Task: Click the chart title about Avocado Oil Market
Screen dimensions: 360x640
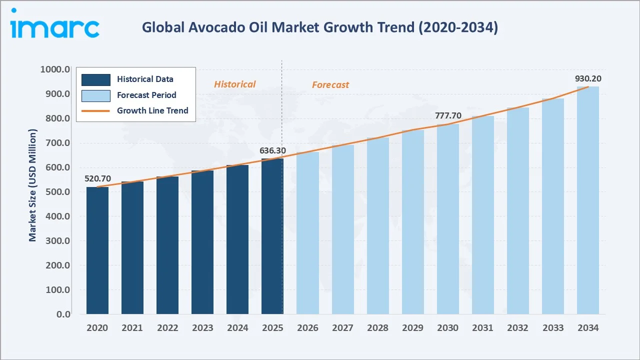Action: [x=320, y=28]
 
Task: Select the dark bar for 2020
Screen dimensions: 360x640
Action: [x=97, y=250]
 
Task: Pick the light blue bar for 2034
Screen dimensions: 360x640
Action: [x=587, y=200]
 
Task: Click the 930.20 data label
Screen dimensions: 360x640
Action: [x=588, y=78]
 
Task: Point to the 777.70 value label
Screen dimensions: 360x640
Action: [x=448, y=116]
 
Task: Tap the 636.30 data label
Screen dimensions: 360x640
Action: [x=272, y=150]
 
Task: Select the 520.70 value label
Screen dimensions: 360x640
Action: [x=98, y=178]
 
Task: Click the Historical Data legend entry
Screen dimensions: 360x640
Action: [x=145, y=79]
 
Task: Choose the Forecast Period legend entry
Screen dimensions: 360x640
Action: [x=146, y=95]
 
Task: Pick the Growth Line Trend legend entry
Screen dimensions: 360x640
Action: [x=152, y=110]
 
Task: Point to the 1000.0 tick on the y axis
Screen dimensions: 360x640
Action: [x=55, y=69]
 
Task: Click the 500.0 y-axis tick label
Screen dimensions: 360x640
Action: [x=57, y=192]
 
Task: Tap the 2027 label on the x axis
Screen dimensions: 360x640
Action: [x=342, y=328]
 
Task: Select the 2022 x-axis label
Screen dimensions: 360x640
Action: [x=167, y=328]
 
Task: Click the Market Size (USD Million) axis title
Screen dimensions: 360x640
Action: [x=33, y=185]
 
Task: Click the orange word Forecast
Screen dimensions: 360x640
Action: [x=330, y=85]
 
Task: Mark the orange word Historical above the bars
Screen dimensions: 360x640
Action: [x=234, y=84]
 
